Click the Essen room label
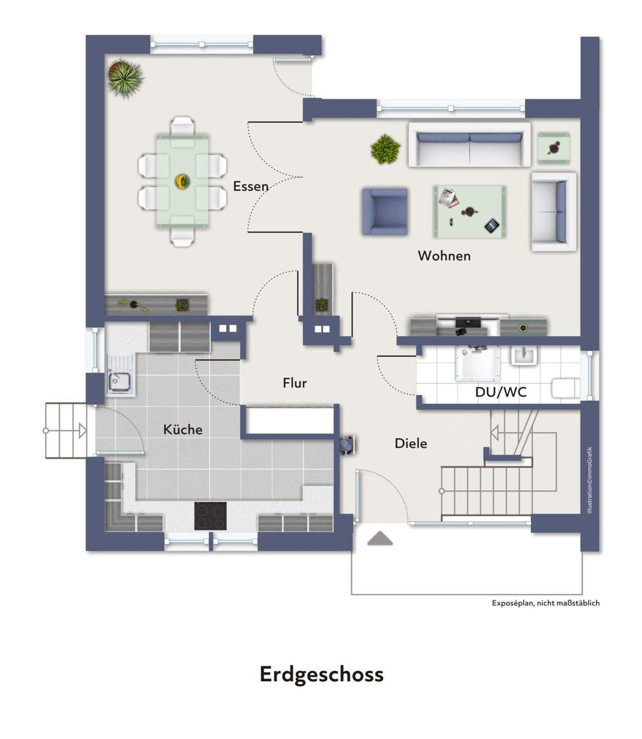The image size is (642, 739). click(250, 186)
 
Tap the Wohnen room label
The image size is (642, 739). click(444, 256)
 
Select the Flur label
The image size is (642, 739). click(294, 383)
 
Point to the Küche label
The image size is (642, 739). click(183, 429)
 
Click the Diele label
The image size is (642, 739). click(411, 443)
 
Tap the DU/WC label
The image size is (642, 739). click(500, 392)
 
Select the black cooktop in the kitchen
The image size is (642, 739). click(210, 516)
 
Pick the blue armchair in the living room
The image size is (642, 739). click(385, 211)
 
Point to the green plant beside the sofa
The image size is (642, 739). click(385, 149)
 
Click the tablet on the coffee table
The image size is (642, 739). click(492, 226)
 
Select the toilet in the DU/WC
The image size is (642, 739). click(566, 388)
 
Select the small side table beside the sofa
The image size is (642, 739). click(554, 148)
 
